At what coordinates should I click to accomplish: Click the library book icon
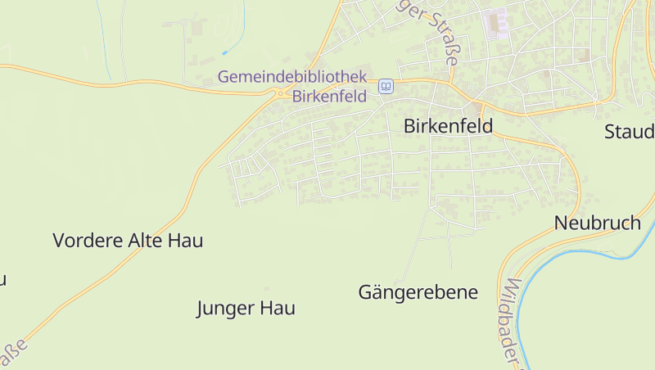[386, 86]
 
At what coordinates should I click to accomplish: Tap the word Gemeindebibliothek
[291, 77]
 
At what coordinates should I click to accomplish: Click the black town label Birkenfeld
[449, 126]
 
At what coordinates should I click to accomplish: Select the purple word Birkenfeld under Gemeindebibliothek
[330, 95]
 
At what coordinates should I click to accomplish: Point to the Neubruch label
[597, 223]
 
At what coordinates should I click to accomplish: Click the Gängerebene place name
[418, 292]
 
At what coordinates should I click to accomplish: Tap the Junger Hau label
[246, 309]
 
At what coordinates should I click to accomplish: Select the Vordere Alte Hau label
[128, 241]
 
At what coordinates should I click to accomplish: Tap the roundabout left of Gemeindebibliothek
[281, 94]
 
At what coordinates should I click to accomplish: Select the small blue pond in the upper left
[224, 52]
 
